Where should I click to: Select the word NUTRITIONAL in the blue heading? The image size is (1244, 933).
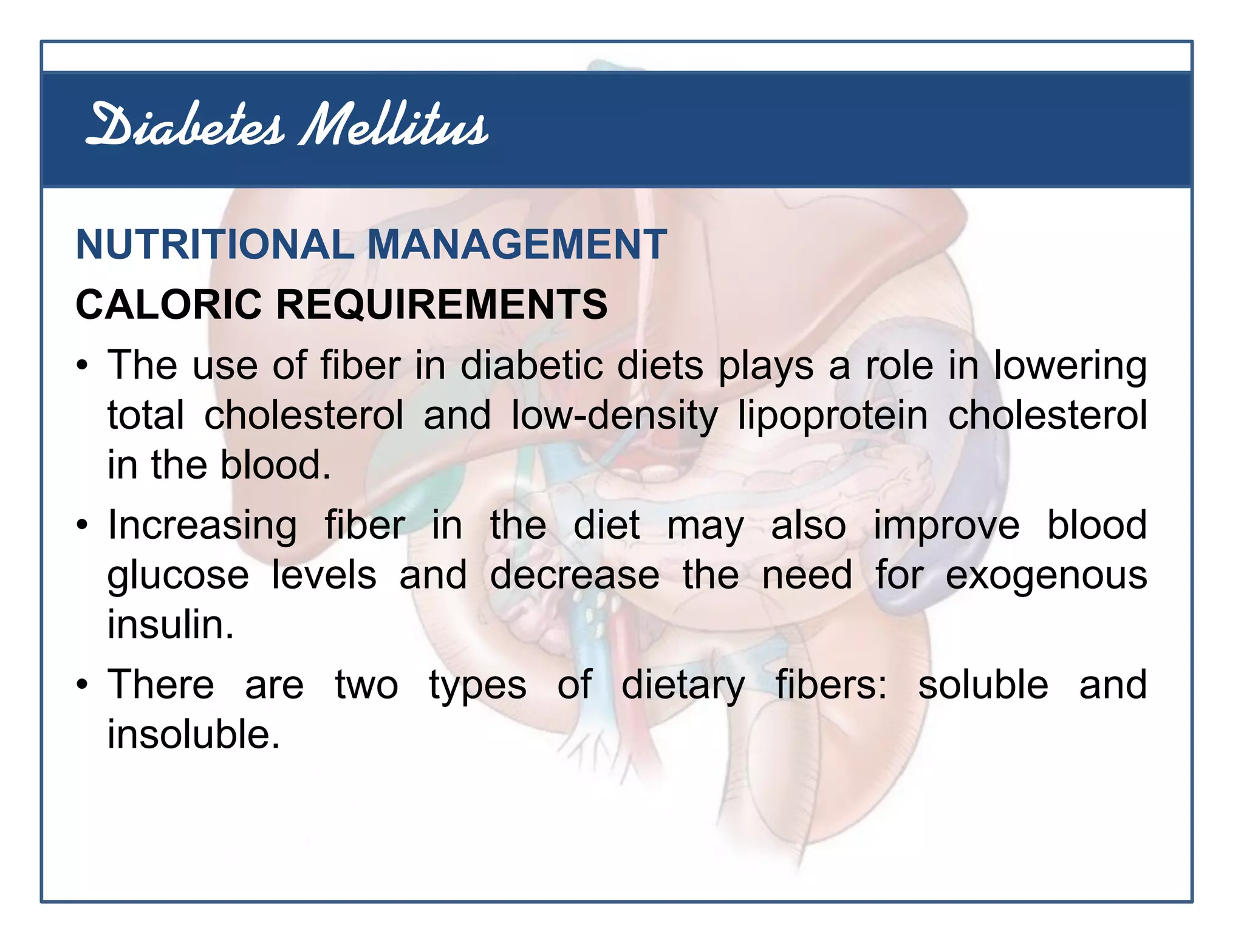click(x=214, y=245)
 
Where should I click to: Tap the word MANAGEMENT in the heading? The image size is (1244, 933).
click(x=517, y=245)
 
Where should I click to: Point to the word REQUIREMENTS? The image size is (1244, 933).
click(x=442, y=304)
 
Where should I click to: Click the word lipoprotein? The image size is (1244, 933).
click(x=833, y=416)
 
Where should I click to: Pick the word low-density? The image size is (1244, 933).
click(x=614, y=416)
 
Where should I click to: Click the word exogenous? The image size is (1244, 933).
click(x=1046, y=575)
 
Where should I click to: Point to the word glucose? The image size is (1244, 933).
click(x=178, y=575)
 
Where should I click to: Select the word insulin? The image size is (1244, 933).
click(x=171, y=624)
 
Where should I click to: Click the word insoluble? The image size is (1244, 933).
click(x=193, y=734)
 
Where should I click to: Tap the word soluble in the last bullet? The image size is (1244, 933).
click(x=983, y=685)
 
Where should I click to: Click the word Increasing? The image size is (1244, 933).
click(x=202, y=525)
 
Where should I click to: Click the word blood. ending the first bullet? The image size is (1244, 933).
click(x=275, y=465)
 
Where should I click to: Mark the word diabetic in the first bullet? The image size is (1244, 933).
click(x=531, y=366)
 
